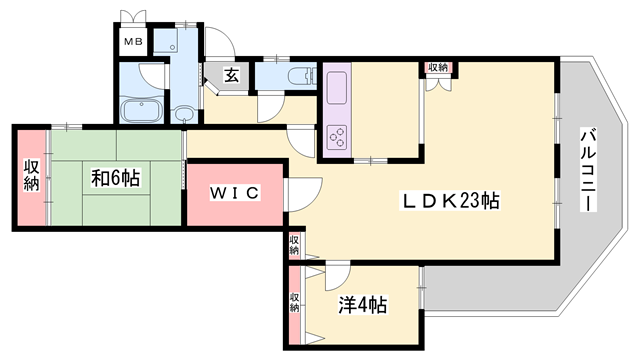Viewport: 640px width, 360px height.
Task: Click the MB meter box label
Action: (x=133, y=41)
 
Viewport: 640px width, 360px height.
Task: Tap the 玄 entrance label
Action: (x=231, y=75)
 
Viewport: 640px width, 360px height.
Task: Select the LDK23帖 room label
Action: (x=451, y=201)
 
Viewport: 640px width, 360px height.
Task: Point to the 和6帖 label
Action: (x=116, y=178)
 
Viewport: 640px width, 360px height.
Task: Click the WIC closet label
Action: (x=235, y=193)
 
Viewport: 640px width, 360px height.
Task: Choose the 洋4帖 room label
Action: (x=363, y=304)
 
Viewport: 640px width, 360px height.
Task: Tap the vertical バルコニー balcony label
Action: (x=588, y=170)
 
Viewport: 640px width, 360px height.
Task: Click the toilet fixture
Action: (x=302, y=76)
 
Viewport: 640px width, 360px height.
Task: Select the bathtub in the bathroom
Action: (x=142, y=110)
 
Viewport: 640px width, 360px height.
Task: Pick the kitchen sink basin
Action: (x=337, y=88)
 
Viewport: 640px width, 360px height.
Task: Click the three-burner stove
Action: (x=337, y=137)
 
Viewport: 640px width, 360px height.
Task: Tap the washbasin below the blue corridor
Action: (x=184, y=114)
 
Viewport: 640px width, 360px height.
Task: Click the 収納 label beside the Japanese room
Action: (x=31, y=176)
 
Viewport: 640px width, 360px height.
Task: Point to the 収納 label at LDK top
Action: (x=438, y=67)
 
